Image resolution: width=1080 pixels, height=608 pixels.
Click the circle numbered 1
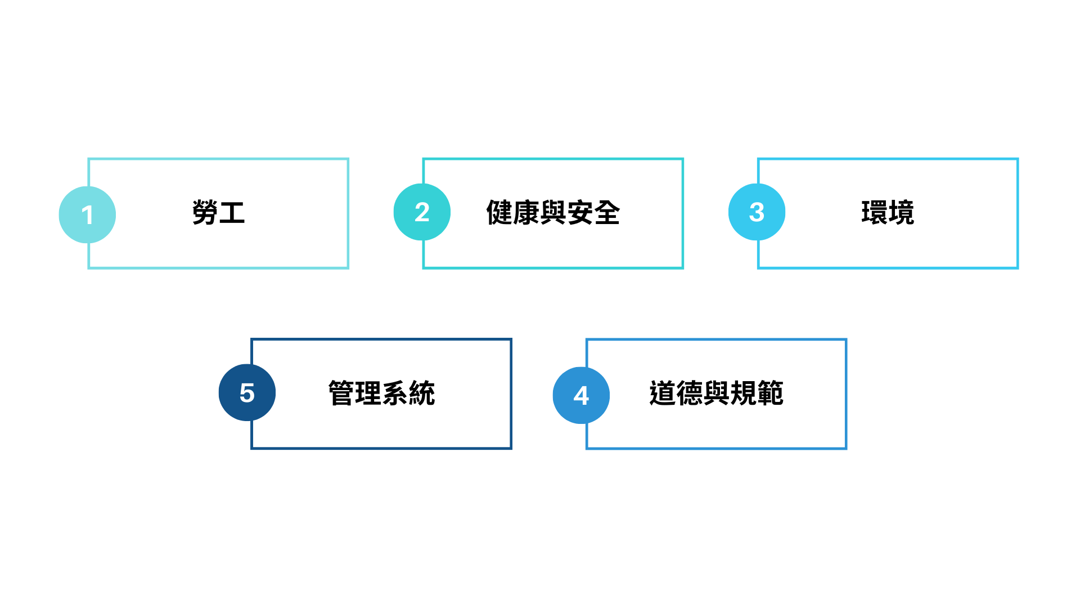pyautogui.click(x=87, y=214)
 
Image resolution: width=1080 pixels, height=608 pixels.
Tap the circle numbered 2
pyautogui.click(x=422, y=212)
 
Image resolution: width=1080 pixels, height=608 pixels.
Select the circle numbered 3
pyautogui.click(x=757, y=212)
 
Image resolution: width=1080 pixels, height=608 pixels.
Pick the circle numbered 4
pyautogui.click(x=581, y=395)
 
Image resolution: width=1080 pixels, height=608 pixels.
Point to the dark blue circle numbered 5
pyautogui.click(x=247, y=392)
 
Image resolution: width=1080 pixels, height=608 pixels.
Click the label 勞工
pyautogui.click(x=218, y=213)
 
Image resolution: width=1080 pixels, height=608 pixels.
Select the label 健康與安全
pyautogui.click(x=553, y=213)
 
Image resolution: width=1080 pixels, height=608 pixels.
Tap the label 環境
pyautogui.click(x=888, y=213)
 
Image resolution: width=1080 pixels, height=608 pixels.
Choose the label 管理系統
pyautogui.click(x=381, y=393)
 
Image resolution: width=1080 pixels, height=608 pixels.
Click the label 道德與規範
pyautogui.click(x=716, y=393)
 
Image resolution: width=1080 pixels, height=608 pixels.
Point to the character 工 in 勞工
pyautogui.click(x=232, y=213)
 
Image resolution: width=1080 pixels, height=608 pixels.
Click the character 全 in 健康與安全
pyautogui.click(x=607, y=213)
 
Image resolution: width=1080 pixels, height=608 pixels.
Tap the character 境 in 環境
pyautogui.click(x=902, y=213)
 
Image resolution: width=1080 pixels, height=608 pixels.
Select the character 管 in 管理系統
pyautogui.click(x=341, y=393)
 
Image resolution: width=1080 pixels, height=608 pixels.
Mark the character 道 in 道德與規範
pyautogui.click(x=663, y=393)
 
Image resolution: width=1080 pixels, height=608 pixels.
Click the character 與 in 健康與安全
pyautogui.click(x=553, y=213)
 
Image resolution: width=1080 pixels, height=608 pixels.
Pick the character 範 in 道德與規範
pyautogui.click(x=770, y=393)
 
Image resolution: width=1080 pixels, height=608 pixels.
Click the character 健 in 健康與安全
pyautogui.click(x=499, y=213)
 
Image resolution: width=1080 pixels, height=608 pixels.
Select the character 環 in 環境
pyautogui.click(x=874, y=213)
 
